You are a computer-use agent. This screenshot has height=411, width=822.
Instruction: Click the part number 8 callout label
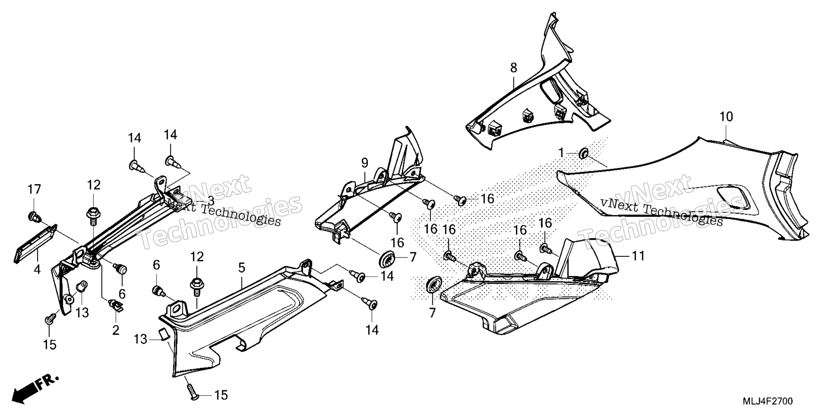tap(513, 68)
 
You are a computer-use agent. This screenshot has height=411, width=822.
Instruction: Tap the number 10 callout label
tap(726, 116)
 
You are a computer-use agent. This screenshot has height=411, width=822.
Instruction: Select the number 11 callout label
tap(638, 256)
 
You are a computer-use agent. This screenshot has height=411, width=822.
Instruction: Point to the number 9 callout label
tap(364, 163)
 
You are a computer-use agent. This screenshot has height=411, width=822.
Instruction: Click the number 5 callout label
tap(242, 268)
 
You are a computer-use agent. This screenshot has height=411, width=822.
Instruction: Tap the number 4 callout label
tap(37, 270)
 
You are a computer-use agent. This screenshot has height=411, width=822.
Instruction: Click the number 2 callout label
tap(116, 330)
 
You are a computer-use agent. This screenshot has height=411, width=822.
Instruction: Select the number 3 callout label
tap(211, 200)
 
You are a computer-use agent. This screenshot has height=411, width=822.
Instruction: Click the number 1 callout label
tap(561, 152)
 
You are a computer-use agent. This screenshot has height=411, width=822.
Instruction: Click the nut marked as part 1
tap(584, 153)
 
